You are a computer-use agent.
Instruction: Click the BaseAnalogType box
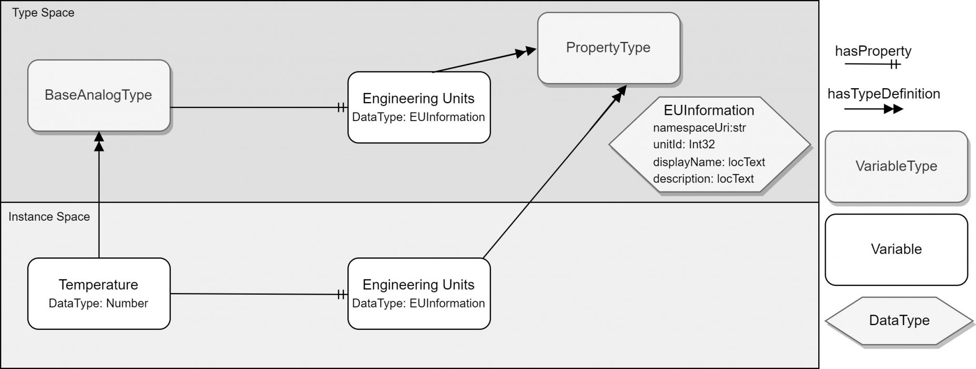[x=99, y=95]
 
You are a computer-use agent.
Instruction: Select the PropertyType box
[x=608, y=48]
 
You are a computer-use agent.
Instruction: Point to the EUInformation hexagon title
[x=709, y=110]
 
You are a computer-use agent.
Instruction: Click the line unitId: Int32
[x=684, y=144]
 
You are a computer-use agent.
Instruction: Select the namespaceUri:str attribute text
[x=699, y=128]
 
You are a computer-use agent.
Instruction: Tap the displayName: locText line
[x=709, y=162]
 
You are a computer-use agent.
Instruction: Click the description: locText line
[x=703, y=179]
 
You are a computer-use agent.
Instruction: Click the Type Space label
[x=43, y=13]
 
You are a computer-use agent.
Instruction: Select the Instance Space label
[x=49, y=217]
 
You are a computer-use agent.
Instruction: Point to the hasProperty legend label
[x=873, y=51]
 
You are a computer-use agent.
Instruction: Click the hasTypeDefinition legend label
[x=884, y=94]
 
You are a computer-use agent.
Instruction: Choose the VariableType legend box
[x=896, y=166]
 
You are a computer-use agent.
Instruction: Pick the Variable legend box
[x=896, y=249]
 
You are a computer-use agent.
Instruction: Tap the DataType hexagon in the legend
[x=899, y=320]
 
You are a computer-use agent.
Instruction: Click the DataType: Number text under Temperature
[x=98, y=304]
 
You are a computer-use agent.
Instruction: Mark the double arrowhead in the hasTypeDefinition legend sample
[x=893, y=110]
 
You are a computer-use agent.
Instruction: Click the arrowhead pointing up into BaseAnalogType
[x=99, y=140]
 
